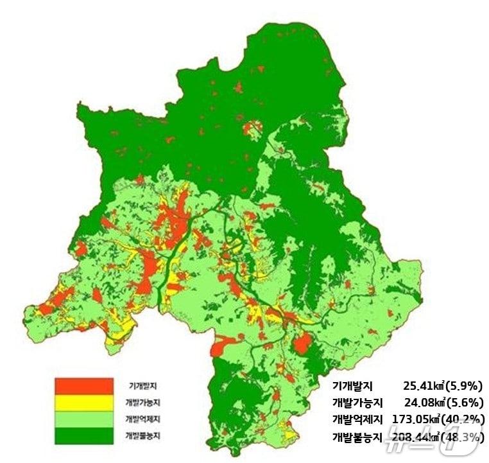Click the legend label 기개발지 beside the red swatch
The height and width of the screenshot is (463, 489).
143,386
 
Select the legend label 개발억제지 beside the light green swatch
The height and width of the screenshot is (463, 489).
143,419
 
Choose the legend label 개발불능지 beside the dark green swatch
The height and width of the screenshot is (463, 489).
143,436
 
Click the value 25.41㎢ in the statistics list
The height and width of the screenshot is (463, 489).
425,387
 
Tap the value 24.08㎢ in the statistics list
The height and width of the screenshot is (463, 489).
425,403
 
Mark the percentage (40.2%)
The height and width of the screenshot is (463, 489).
467,420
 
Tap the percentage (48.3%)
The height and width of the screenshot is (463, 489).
467,437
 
